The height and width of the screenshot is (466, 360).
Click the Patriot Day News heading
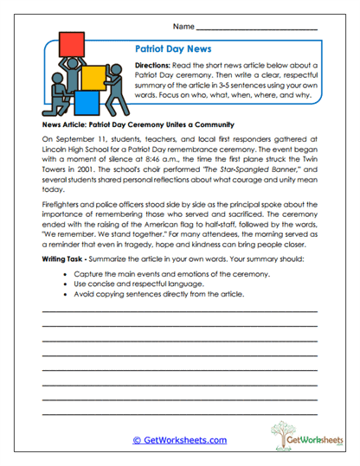tap(174, 50)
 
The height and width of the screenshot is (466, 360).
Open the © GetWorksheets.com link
tap(179, 440)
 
